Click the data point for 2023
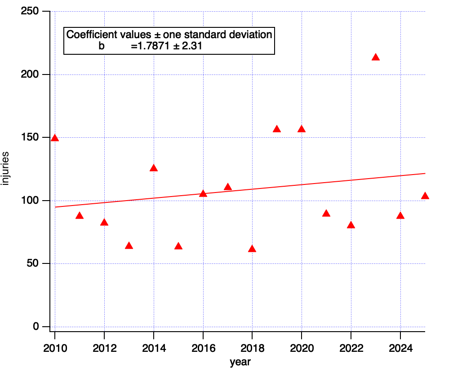376,57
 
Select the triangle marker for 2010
55,138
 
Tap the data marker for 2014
154,168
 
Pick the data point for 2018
252,249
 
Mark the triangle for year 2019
277,129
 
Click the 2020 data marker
302,129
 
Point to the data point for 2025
425,196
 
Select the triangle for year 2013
129,245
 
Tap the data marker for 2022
351,225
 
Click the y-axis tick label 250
30,11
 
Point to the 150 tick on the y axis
30,137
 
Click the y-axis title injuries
6,169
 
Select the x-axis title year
240,361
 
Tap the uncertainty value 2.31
196,46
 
